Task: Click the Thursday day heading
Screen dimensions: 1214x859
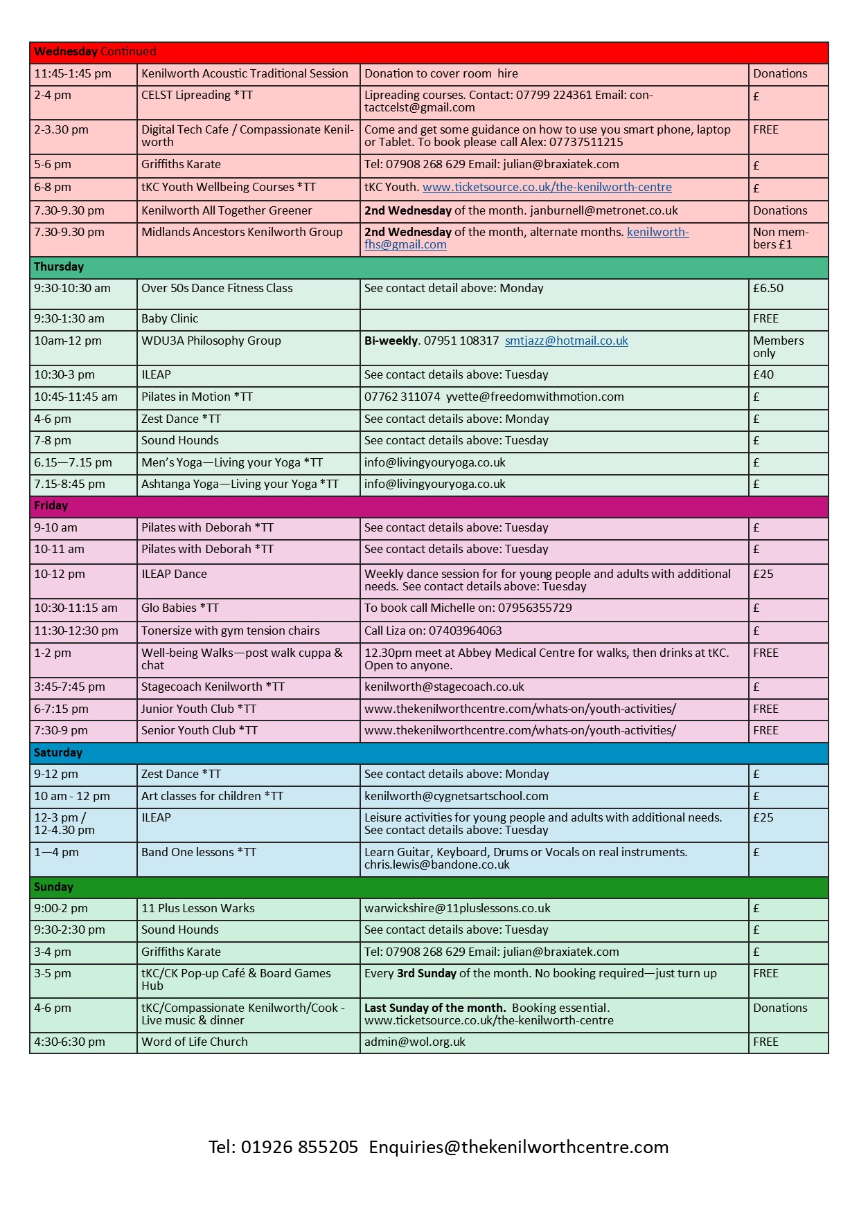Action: coord(59,267)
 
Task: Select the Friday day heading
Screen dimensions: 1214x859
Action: coord(51,506)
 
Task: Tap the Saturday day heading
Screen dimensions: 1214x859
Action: coord(58,753)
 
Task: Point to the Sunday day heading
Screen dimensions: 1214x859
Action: coord(53,887)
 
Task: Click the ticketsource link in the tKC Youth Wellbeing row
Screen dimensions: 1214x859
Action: coord(547,188)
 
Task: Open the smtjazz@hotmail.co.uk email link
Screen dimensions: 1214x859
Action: coord(566,341)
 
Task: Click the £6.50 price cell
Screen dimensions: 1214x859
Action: coord(768,289)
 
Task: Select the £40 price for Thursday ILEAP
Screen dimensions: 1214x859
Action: coord(763,375)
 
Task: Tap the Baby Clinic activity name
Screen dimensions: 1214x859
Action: coord(170,319)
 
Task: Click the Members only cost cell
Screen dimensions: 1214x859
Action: coord(778,347)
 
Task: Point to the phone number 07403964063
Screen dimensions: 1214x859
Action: coord(465,631)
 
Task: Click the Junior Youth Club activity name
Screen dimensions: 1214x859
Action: coord(199,709)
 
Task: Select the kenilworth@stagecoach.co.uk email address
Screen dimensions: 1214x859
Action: coord(444,687)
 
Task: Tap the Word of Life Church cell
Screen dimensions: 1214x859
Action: coord(195,1042)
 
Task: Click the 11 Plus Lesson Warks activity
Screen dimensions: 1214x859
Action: coord(198,909)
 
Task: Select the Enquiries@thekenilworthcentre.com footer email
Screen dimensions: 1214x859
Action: coord(519,1148)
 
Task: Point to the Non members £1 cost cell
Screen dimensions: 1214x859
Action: coord(780,239)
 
